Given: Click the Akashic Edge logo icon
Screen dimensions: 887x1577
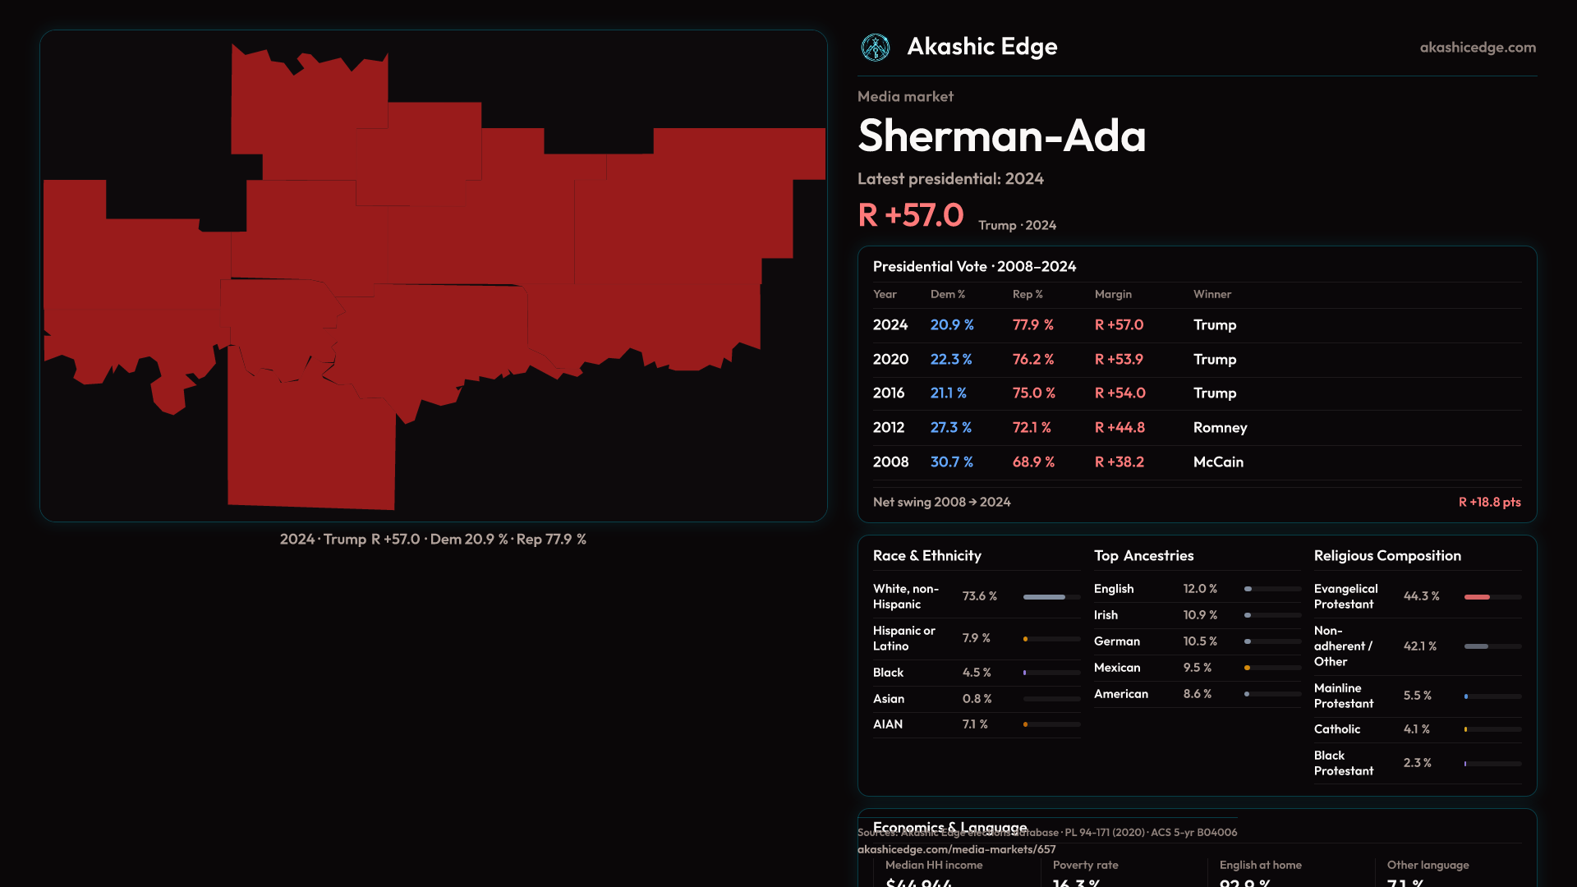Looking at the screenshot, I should [875, 48].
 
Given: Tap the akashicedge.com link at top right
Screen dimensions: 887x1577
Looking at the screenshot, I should [1478, 48].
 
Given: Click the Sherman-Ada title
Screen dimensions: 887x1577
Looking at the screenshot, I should [1001, 136].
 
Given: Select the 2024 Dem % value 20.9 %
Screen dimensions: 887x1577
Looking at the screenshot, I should [952, 325].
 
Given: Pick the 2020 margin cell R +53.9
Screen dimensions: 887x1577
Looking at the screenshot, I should [1119, 360].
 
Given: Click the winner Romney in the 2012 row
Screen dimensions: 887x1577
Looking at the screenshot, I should [1220, 428].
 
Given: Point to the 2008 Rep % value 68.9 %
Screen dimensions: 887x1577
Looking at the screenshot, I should [1033, 462].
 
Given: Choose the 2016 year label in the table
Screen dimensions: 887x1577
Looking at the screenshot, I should [889, 393].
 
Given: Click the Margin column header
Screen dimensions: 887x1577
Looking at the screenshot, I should [1113, 294].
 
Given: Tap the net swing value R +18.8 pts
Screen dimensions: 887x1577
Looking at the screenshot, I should [1489, 502].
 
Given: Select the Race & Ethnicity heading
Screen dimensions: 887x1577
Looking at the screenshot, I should [926, 556].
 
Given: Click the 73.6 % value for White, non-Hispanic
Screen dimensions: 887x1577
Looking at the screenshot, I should [979, 596].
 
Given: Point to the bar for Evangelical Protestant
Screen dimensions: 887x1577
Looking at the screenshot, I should [1492, 597].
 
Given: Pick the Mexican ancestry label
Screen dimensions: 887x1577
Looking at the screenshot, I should [1117, 668].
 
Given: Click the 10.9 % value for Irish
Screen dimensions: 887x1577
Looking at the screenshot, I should [1200, 615].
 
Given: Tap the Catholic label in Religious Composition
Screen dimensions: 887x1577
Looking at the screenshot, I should [1336, 729].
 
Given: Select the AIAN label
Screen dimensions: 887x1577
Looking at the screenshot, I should [888, 724].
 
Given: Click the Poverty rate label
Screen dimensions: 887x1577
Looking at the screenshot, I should [1085, 865].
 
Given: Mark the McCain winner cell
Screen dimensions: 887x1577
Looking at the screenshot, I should [1218, 462].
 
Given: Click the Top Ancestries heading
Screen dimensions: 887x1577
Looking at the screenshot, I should [1143, 556].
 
